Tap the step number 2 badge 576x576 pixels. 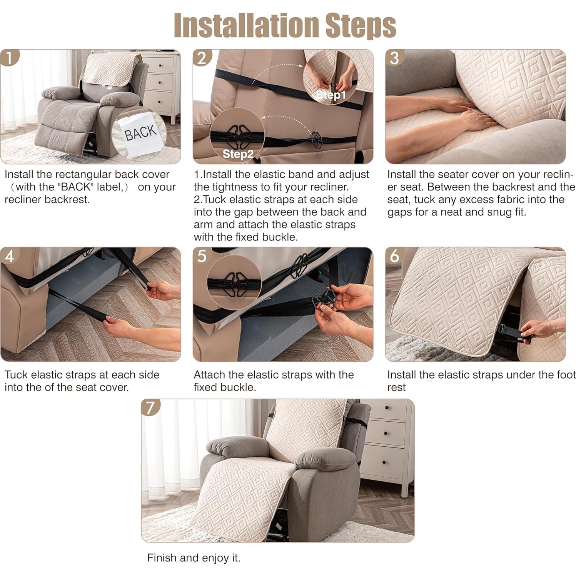[202, 58]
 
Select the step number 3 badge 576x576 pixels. [394, 58]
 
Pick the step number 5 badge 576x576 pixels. [202, 256]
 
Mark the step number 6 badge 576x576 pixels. [394, 256]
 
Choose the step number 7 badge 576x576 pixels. [150, 407]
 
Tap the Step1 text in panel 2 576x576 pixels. [332, 95]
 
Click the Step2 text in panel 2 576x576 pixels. [238, 154]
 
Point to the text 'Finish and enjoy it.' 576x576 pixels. [194, 558]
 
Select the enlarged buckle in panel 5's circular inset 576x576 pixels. [234, 284]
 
